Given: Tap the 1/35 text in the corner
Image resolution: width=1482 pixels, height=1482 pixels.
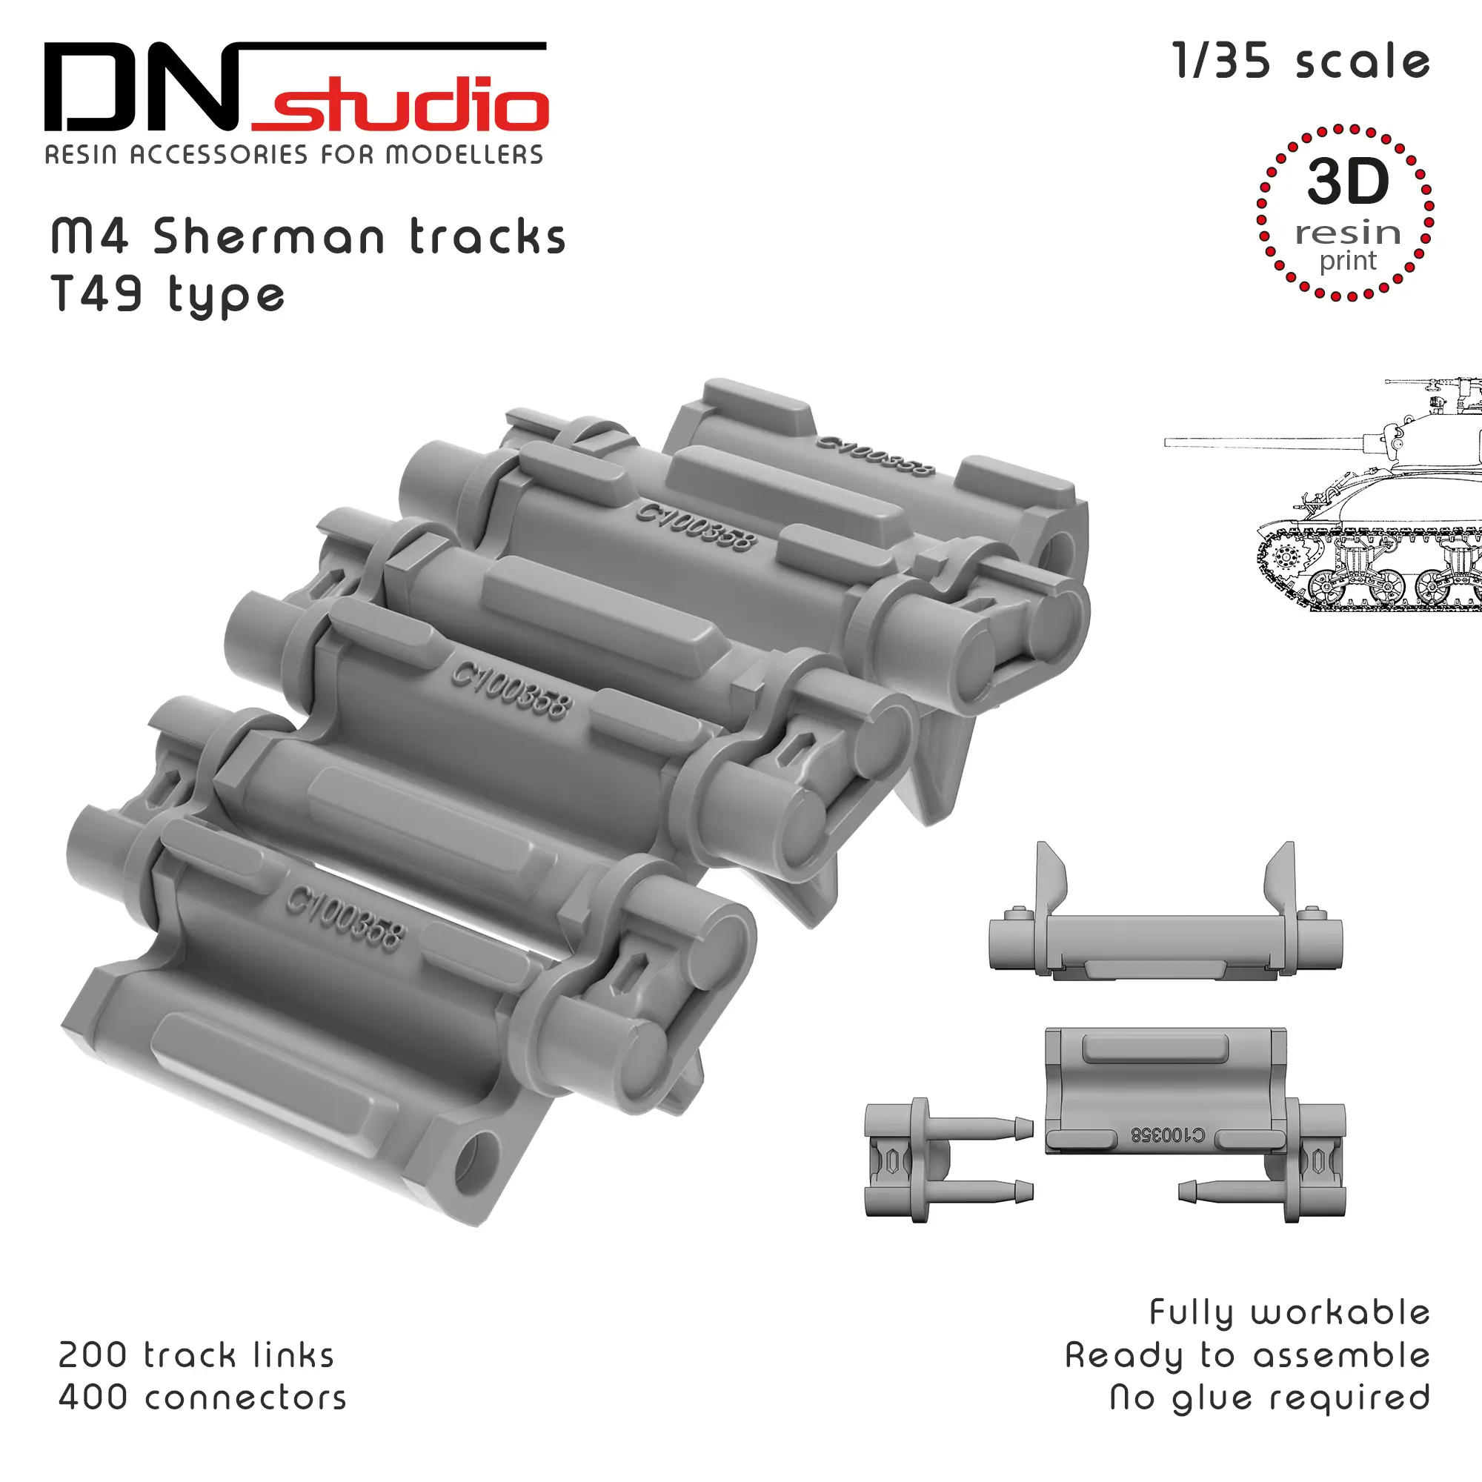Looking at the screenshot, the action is pos(1221,62).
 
